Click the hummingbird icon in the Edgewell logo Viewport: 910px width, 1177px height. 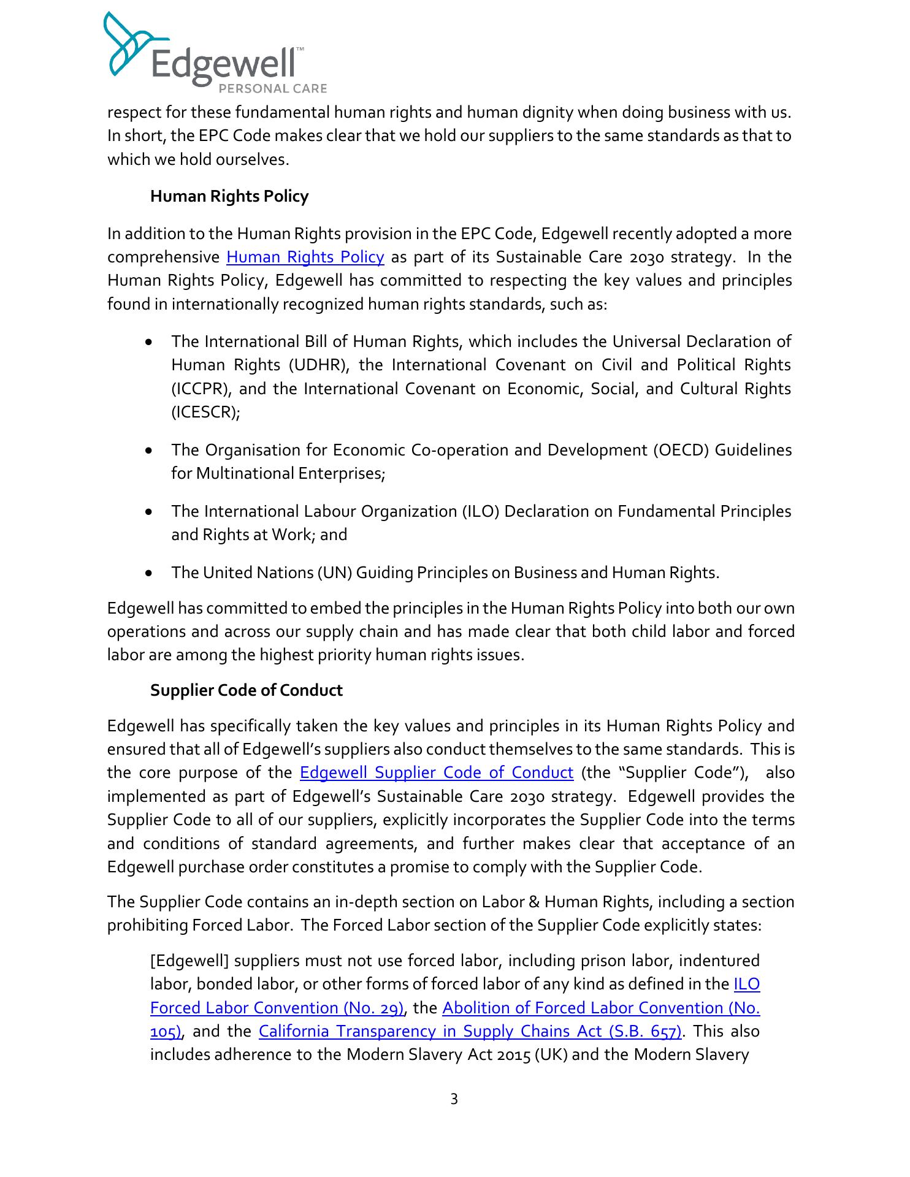(126, 46)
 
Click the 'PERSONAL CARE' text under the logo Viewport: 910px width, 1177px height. (273, 89)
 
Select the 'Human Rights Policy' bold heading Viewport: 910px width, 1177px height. (229, 196)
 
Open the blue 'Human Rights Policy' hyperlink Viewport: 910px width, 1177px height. (305, 257)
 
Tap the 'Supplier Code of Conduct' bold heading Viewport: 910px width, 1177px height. (247, 690)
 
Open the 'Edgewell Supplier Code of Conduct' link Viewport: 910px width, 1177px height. (437, 772)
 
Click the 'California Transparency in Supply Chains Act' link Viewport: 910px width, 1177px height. (470, 1031)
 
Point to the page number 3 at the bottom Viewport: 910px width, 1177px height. (454, 1099)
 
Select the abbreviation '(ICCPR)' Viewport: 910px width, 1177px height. (200, 389)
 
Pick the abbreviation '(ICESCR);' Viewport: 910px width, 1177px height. (205, 413)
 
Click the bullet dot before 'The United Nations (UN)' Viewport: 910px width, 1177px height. (149, 573)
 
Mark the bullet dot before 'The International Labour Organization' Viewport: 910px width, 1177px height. (149, 511)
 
